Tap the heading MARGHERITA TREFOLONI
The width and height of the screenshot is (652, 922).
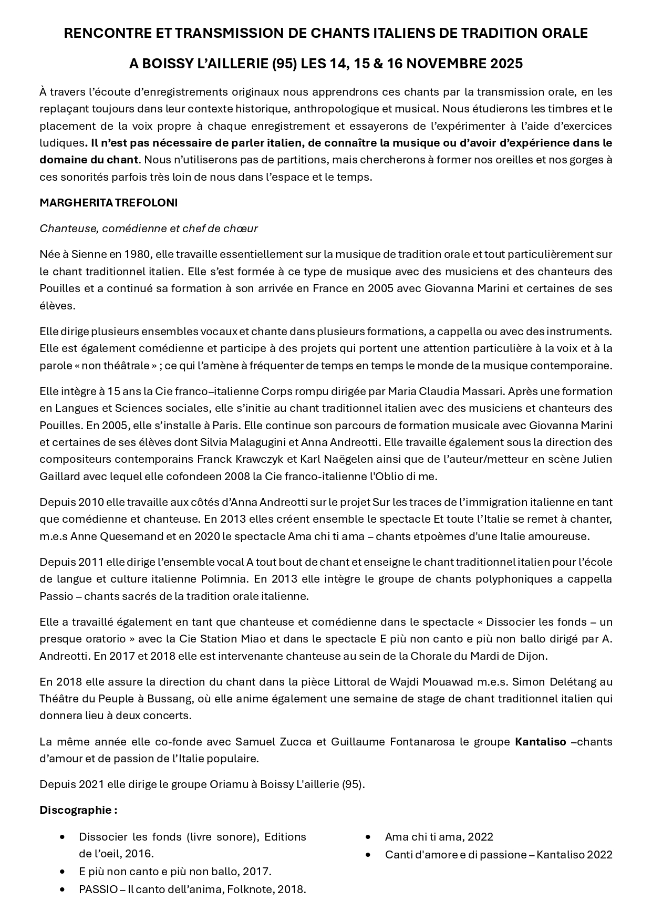point(108,203)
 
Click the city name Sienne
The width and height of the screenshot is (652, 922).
point(88,254)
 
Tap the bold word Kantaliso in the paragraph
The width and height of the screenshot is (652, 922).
point(541,742)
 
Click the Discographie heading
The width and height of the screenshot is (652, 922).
point(78,810)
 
